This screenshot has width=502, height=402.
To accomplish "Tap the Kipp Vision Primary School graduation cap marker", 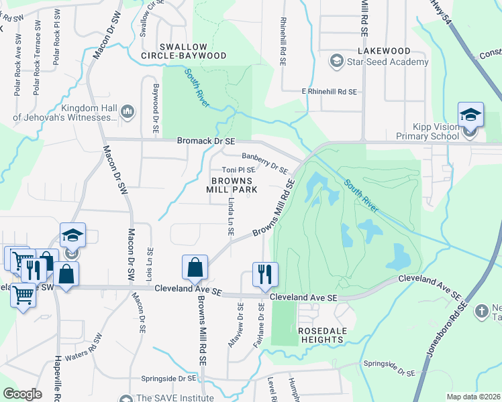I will tap(470, 115).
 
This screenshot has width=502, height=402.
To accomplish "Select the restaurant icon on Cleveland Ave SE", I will tap(264, 273).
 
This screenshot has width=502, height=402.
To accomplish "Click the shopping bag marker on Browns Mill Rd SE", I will tap(194, 267).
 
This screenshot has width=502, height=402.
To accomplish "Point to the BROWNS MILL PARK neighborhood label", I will tap(234, 185).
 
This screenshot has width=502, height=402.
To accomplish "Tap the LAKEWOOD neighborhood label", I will tap(384, 50).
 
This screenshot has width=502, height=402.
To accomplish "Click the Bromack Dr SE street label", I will tap(206, 141).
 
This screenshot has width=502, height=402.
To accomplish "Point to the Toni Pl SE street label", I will tap(238, 170).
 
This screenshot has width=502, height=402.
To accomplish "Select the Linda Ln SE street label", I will tap(230, 216).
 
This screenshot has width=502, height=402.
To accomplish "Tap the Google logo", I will tap(23, 394).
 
